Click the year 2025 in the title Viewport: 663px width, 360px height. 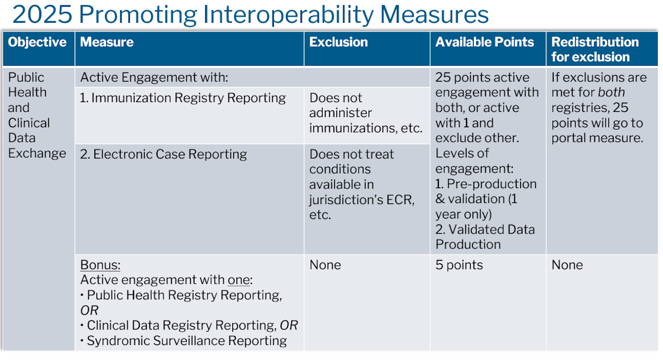42,15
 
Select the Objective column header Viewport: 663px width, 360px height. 37,42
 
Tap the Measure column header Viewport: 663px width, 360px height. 107,42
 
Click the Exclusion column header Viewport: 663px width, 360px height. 339,42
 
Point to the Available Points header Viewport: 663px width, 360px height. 485,42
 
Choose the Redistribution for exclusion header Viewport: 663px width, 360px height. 595,49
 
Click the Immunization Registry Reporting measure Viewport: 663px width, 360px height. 183,98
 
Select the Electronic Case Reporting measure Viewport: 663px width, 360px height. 163,154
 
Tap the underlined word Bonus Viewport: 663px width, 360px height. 100,265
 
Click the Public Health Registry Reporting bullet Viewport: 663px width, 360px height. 181,295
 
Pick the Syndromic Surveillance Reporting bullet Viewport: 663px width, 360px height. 184,341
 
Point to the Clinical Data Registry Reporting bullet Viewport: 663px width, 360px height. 189,325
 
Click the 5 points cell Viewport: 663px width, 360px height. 459,265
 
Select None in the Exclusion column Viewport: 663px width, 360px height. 325,265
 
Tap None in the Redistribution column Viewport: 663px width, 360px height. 567,265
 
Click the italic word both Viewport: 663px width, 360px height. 611,92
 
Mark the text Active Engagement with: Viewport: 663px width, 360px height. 154,78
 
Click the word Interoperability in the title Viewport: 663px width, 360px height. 289,15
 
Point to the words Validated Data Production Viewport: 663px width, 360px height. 485,237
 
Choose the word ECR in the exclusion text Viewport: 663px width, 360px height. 399,200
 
